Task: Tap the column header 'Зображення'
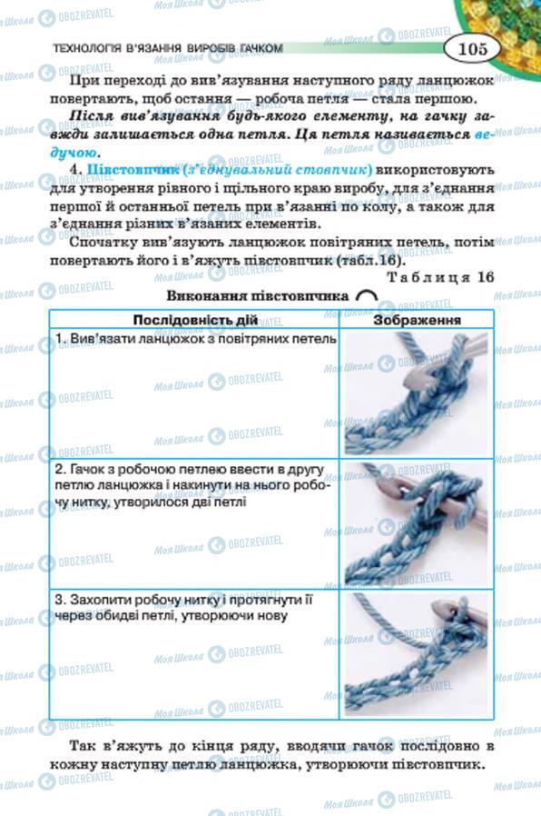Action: pos(417,320)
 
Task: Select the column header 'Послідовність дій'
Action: pos(194,320)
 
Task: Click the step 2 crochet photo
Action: pos(417,525)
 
